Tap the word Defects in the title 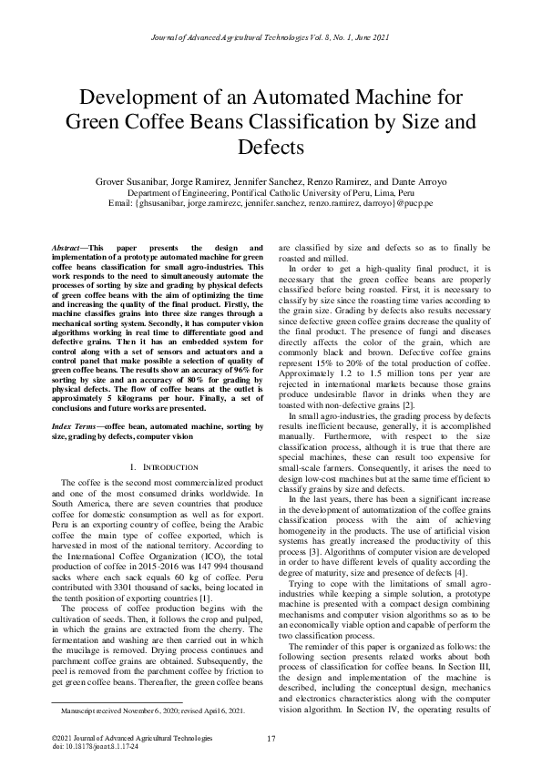pos(271,148)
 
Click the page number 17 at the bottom pos(271,738)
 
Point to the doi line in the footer pos(96,746)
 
